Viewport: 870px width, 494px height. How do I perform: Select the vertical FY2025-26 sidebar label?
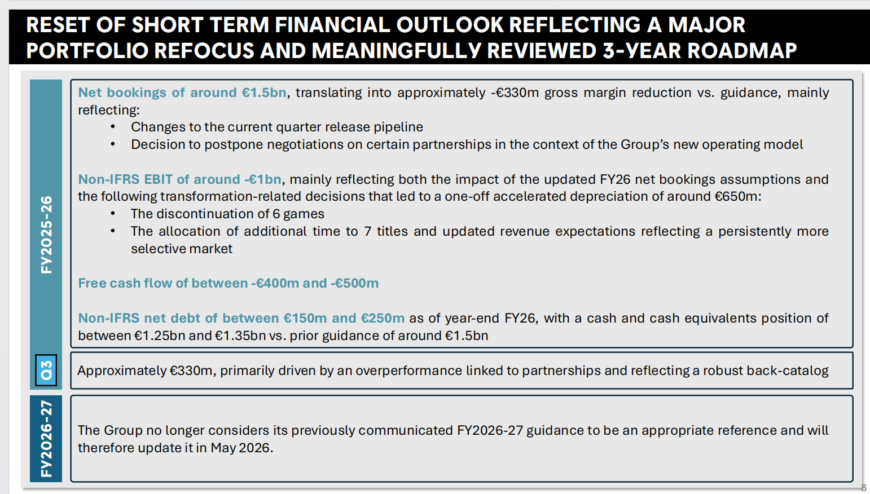[46, 235]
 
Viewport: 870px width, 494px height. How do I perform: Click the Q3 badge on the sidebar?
[46, 370]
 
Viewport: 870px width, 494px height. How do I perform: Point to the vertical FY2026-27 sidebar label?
[46, 438]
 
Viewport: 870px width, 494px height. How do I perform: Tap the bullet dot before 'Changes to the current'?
[113, 127]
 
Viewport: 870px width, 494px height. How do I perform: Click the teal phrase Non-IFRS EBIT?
[125, 179]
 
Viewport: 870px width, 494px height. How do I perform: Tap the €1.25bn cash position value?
[160, 336]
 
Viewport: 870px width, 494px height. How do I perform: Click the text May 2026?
[241, 448]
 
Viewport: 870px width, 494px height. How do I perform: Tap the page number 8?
[863, 488]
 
